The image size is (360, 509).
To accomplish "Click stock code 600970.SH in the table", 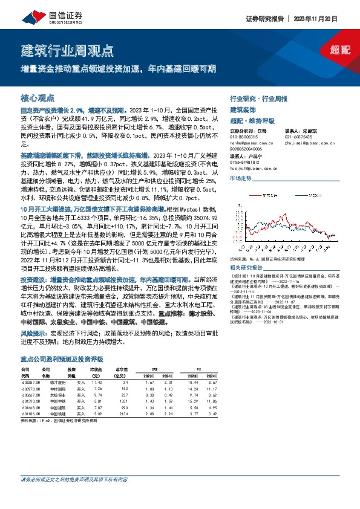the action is pos(31,389).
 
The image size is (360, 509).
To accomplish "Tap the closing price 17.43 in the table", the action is pos(96,382).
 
